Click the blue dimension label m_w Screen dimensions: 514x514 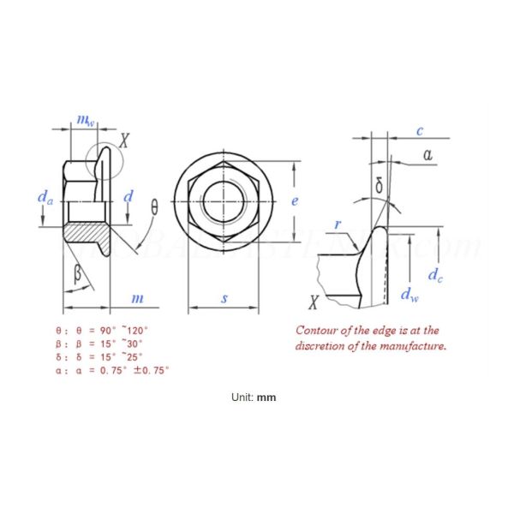[84, 122]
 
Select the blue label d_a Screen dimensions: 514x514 [45, 198]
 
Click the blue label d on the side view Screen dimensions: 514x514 [128, 197]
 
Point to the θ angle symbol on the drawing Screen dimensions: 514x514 [155, 207]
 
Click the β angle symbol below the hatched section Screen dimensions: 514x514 [78, 274]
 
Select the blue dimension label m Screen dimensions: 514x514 [136, 297]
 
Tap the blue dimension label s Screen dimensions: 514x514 [224, 298]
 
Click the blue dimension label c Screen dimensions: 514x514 [420, 131]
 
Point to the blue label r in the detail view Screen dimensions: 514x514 [338, 225]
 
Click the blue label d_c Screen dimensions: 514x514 [436, 275]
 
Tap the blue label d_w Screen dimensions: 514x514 [410, 295]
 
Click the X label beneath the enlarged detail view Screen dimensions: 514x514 [314, 302]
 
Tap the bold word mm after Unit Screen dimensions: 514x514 [266, 397]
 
